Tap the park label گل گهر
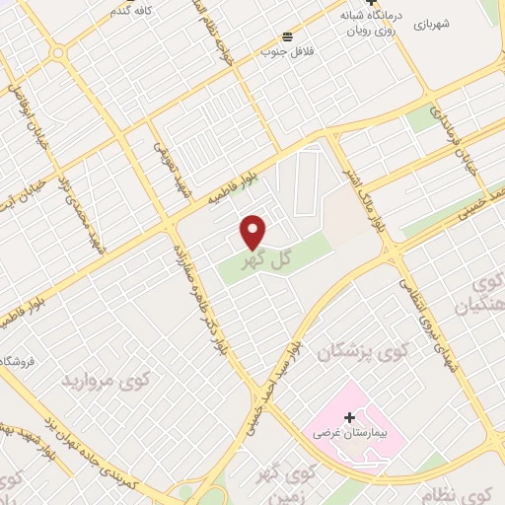[x=269, y=258]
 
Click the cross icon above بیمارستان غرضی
[x=348, y=417]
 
